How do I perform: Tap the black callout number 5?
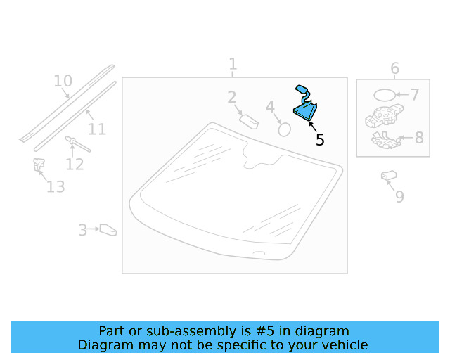point(320,140)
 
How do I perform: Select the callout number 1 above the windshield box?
point(233,64)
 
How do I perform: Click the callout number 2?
point(232,97)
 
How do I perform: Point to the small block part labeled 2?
point(249,122)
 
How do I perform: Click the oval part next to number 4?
point(284,129)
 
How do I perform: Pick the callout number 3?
point(83,230)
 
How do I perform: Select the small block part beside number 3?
point(108,230)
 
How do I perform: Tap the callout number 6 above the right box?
point(395,68)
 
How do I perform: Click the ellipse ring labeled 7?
point(385,95)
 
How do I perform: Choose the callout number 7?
point(415,94)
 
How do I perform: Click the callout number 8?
point(419,138)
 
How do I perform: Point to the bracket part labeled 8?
point(386,141)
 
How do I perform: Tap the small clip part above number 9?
point(389,175)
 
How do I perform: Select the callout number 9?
point(400,197)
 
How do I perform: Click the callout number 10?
point(63,81)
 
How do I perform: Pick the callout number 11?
point(97,129)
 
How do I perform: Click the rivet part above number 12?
point(78,144)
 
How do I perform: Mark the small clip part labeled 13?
point(39,165)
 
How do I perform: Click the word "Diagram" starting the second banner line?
point(106,345)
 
